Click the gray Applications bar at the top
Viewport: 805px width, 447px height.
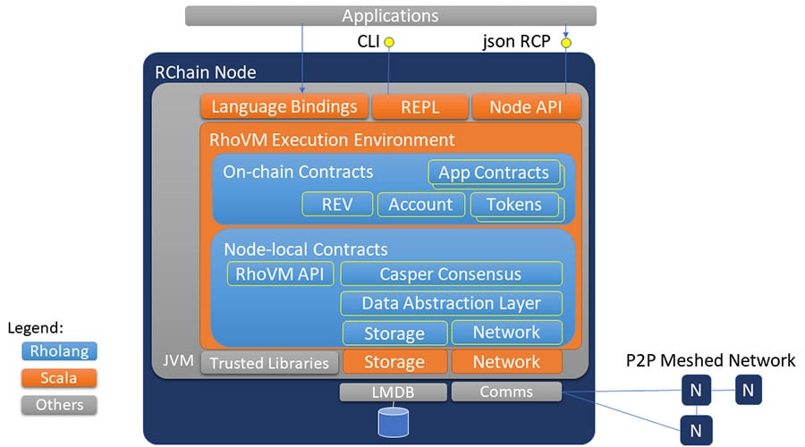[x=390, y=16]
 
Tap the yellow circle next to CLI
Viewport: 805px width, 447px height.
[x=389, y=42]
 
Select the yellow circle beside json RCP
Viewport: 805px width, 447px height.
[x=565, y=42]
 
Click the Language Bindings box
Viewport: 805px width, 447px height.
[x=284, y=107]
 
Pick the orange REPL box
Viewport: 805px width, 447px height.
[x=419, y=107]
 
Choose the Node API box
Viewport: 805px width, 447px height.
[x=526, y=107]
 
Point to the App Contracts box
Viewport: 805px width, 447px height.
[x=494, y=173]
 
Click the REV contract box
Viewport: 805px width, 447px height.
[x=336, y=204]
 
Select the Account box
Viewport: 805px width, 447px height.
[x=420, y=204]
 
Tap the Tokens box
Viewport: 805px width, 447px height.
[x=513, y=204]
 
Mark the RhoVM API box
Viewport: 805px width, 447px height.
[x=280, y=274]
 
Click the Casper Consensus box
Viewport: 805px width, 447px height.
[x=451, y=274]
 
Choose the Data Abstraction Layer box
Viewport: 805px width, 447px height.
[x=451, y=303]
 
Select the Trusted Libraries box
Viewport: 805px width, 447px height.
[x=269, y=362]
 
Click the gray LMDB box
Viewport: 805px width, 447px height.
[x=393, y=392]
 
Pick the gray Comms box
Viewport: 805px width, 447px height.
[x=506, y=392]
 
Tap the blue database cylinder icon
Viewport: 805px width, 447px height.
[x=393, y=422]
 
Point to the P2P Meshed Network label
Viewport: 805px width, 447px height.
[x=710, y=360]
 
